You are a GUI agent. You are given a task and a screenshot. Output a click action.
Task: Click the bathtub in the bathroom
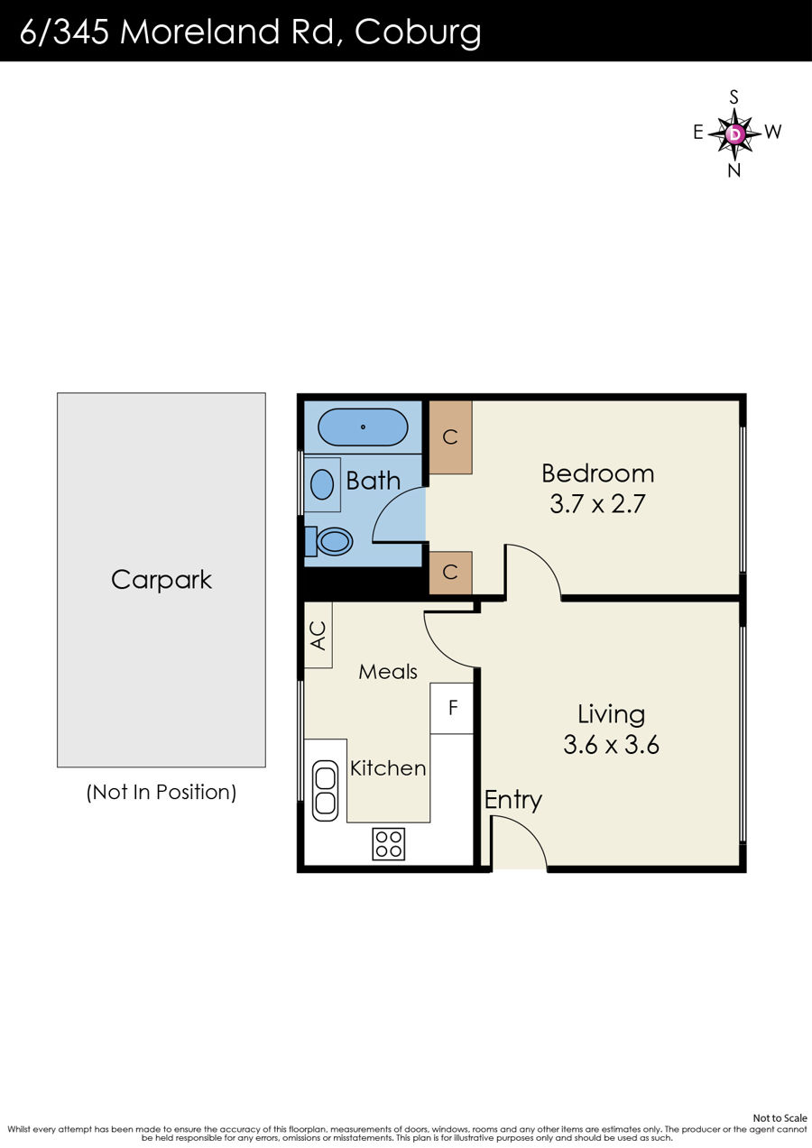[x=363, y=427]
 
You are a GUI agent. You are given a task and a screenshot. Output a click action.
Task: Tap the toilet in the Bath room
[x=329, y=541]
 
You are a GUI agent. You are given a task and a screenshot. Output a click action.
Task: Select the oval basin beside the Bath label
[x=322, y=484]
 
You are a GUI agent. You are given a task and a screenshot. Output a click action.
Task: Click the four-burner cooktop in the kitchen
[x=388, y=844]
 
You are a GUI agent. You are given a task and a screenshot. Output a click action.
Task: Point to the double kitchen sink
[x=325, y=791]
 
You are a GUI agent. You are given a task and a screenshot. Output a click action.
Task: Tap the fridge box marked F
[x=452, y=708]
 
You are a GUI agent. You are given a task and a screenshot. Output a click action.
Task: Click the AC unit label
[x=318, y=636]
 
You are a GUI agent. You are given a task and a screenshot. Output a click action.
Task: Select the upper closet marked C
[x=450, y=437]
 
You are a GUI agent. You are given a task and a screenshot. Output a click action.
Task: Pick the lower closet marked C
[x=450, y=573]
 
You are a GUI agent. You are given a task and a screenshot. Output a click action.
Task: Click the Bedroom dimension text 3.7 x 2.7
[x=597, y=504]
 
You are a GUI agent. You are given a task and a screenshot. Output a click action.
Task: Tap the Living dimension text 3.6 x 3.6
[x=611, y=745]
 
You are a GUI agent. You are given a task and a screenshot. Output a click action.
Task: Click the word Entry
[x=513, y=801]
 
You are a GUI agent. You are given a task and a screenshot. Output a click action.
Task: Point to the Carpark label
[x=161, y=581]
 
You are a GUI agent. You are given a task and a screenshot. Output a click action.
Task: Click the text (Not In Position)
[x=161, y=792]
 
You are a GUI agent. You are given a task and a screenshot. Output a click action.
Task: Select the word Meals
[x=388, y=672]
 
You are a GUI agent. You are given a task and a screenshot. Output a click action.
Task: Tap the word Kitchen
[x=388, y=768]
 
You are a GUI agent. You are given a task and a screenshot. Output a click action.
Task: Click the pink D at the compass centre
[x=735, y=134]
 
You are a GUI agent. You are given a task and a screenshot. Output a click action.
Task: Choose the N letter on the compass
[x=734, y=170]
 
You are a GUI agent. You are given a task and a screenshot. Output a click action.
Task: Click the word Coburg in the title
[x=418, y=32]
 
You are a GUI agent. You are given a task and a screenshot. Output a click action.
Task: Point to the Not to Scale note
[x=780, y=1117]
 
